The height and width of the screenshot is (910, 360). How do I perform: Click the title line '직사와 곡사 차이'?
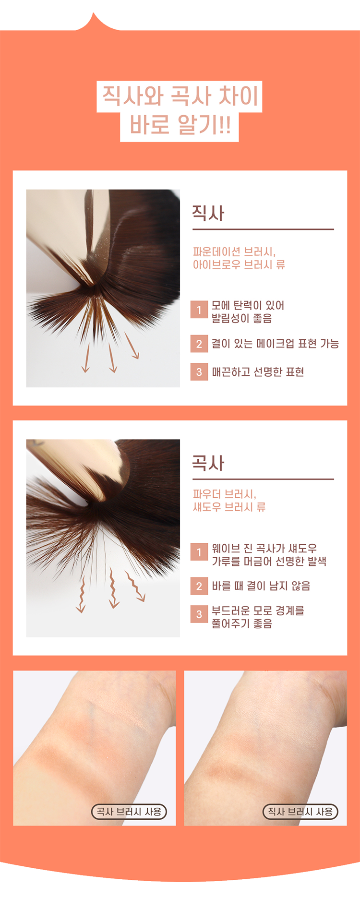pyautogui.click(x=180, y=96)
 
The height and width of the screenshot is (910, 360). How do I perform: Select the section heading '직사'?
pyautogui.click(x=208, y=213)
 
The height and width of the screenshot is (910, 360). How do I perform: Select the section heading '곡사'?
pyautogui.click(x=208, y=463)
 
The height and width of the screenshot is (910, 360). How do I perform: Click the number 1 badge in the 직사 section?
pyautogui.click(x=199, y=310)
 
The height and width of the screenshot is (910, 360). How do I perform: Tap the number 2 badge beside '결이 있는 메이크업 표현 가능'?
pyautogui.click(x=199, y=344)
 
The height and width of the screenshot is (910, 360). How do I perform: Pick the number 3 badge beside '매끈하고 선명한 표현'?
pyautogui.click(x=199, y=372)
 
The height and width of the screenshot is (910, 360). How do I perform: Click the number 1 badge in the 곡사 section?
pyautogui.click(x=199, y=552)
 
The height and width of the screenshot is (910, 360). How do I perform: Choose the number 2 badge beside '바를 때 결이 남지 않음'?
pyautogui.click(x=199, y=586)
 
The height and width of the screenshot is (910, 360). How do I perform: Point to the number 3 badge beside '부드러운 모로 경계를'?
pyautogui.click(x=199, y=614)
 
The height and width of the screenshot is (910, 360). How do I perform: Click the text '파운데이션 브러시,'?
pyautogui.click(x=234, y=252)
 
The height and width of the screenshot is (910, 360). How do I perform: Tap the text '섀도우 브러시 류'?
pyautogui.click(x=229, y=507)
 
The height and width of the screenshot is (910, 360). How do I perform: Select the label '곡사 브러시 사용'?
pyautogui.click(x=129, y=812)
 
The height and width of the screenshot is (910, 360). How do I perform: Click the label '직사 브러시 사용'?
pyautogui.click(x=300, y=812)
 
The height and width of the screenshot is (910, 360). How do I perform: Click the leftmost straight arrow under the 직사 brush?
pyautogui.click(x=86, y=358)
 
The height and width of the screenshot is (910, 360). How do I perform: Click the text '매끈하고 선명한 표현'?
pyautogui.click(x=258, y=372)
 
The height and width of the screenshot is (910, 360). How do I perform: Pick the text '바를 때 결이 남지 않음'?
pyautogui.click(x=261, y=586)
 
